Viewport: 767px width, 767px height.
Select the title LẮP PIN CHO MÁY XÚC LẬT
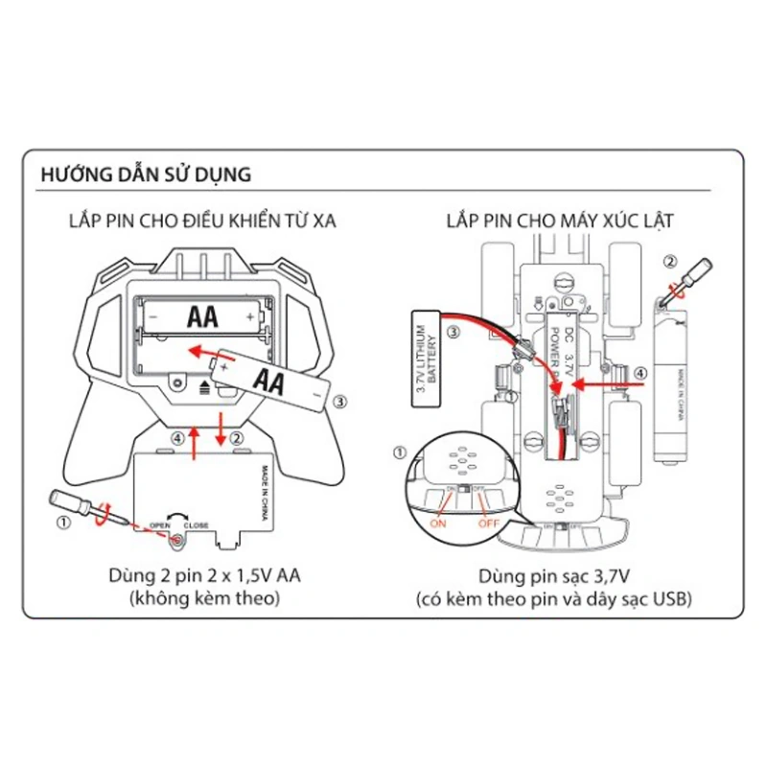click(x=561, y=221)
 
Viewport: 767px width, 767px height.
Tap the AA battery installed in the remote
click(x=201, y=315)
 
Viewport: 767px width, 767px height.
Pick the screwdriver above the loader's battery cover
click(x=684, y=277)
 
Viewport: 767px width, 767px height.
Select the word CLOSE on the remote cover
click(x=196, y=526)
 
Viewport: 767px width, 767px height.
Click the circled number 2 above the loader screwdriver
click(x=671, y=260)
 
